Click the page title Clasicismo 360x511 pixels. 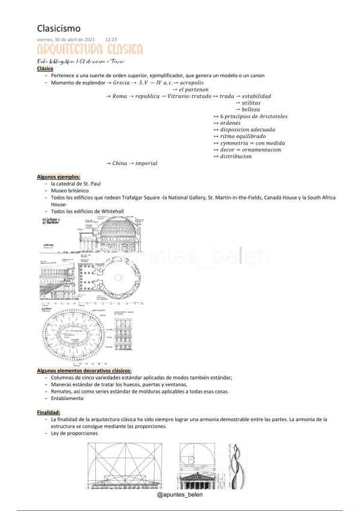click(x=58, y=28)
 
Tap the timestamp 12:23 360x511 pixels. click(x=111, y=39)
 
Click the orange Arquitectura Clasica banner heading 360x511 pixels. click(x=89, y=49)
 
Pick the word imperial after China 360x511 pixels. click(x=146, y=163)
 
